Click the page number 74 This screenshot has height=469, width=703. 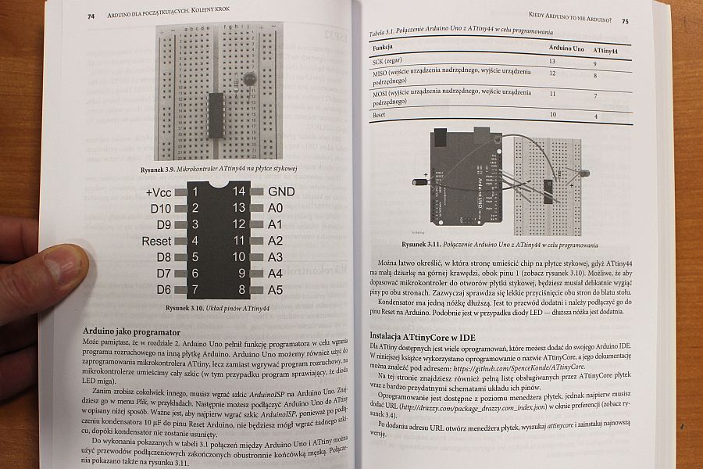pos(91,16)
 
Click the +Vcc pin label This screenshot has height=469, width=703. pos(159,192)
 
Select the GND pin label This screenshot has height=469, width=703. pos(281,192)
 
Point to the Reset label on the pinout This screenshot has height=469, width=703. pos(156,242)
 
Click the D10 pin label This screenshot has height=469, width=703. pos(160,209)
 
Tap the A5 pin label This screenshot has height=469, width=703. pos(276,290)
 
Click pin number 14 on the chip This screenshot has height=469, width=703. pos(238,192)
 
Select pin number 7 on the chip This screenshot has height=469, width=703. pos(194,290)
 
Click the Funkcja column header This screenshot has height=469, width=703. pos(383,47)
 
